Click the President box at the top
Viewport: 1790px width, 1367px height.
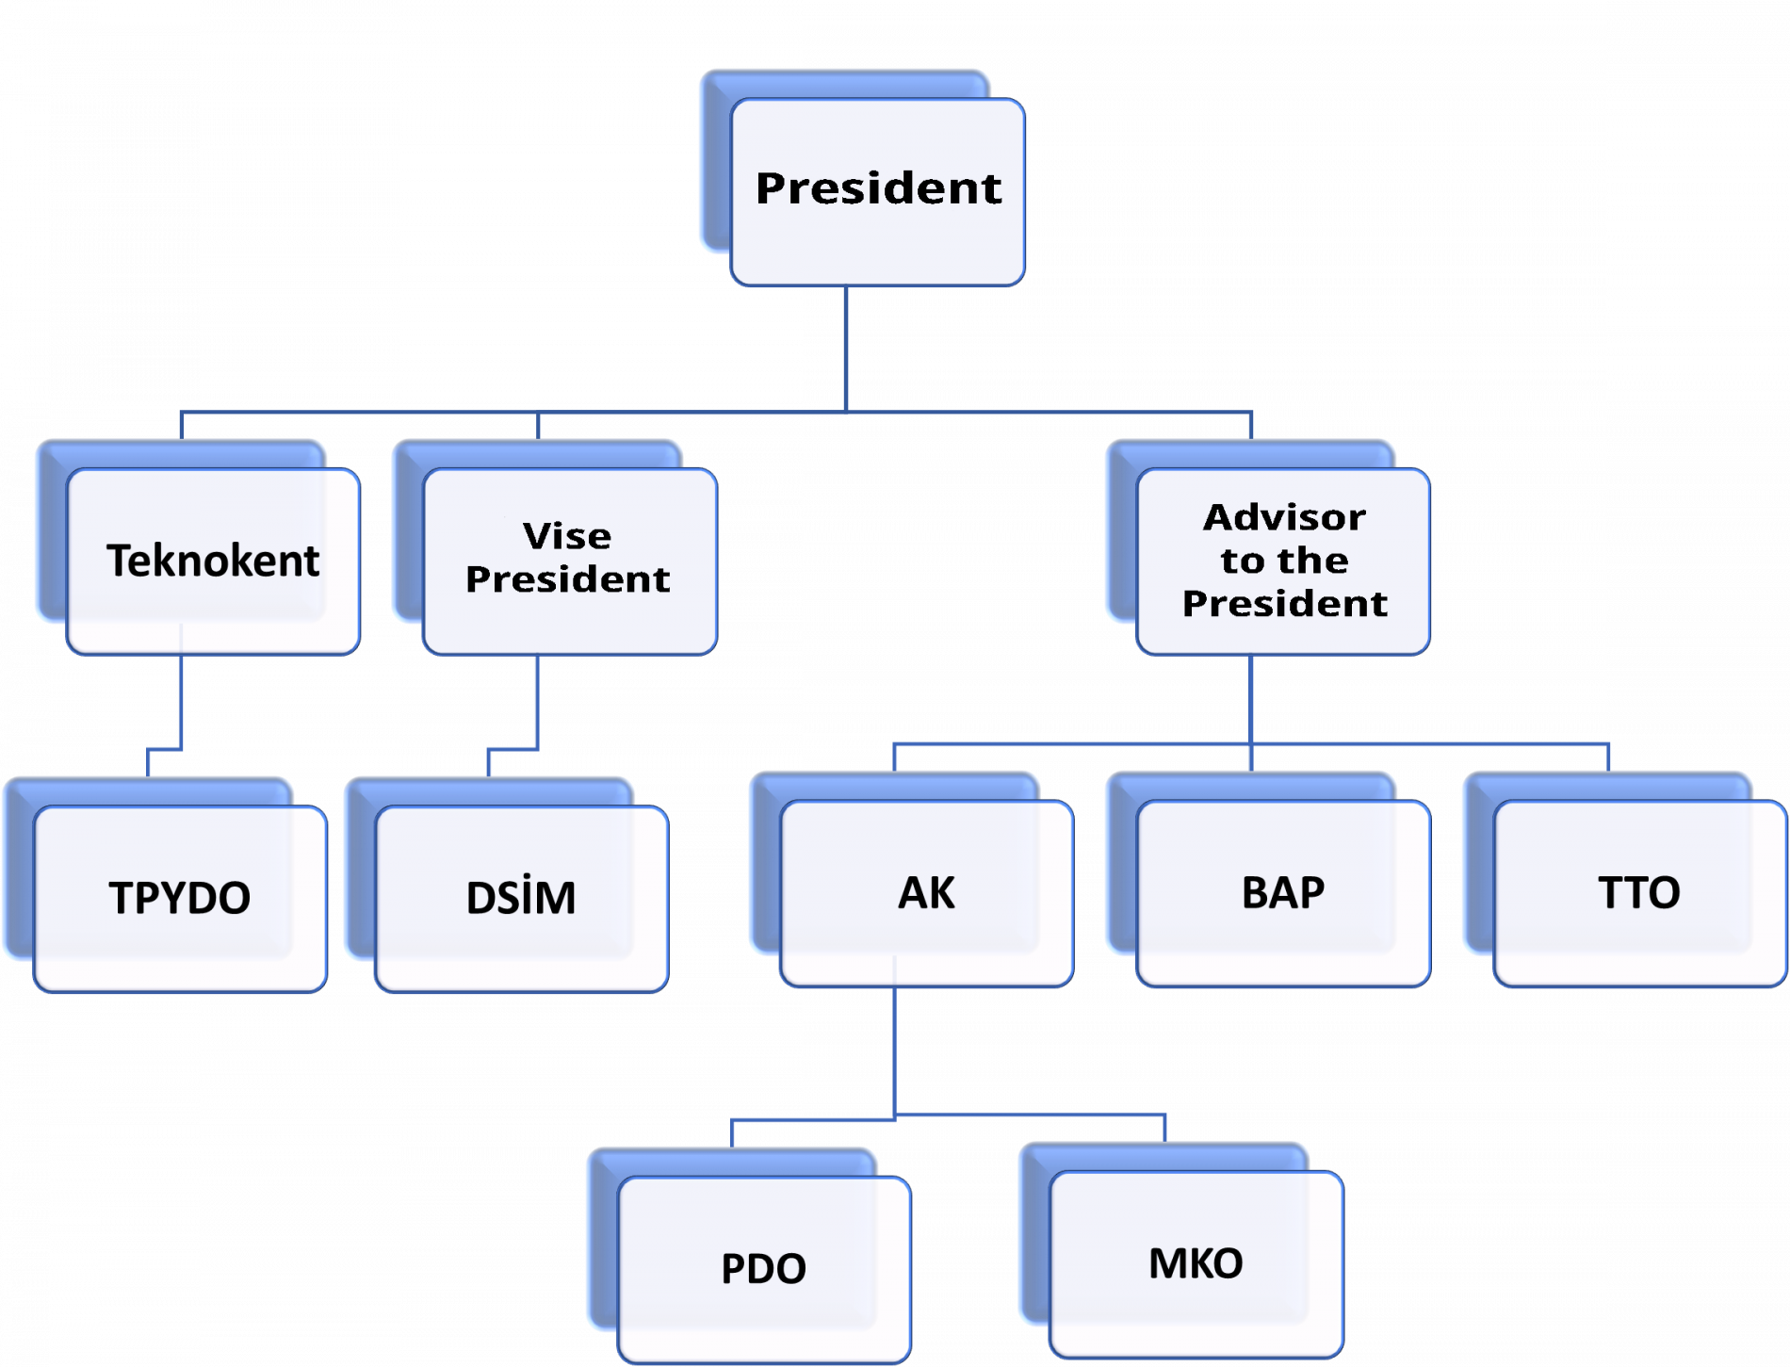pos(877,191)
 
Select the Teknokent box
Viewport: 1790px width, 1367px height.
pos(213,561)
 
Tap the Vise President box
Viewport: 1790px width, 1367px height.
pos(569,561)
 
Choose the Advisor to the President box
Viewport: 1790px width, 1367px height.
pos(1283,561)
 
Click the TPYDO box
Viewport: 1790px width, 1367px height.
pos(180,898)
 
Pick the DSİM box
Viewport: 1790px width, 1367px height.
pos(521,898)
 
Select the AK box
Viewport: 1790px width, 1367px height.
pos(927,893)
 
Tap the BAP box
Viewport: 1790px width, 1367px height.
pos(1283,893)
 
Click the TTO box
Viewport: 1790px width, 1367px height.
pos(1639,893)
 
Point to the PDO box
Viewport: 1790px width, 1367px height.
pos(764,1269)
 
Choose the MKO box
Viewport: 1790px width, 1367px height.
pos(1196,1263)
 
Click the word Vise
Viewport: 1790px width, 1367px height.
pos(567,536)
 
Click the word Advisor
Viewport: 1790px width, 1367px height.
pos(1284,517)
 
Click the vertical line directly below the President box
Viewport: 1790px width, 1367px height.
pos(846,349)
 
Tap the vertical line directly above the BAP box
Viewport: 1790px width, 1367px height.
pos(1251,758)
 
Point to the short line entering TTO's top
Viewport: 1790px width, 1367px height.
pos(1608,758)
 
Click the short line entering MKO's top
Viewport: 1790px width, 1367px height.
pos(1165,1128)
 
